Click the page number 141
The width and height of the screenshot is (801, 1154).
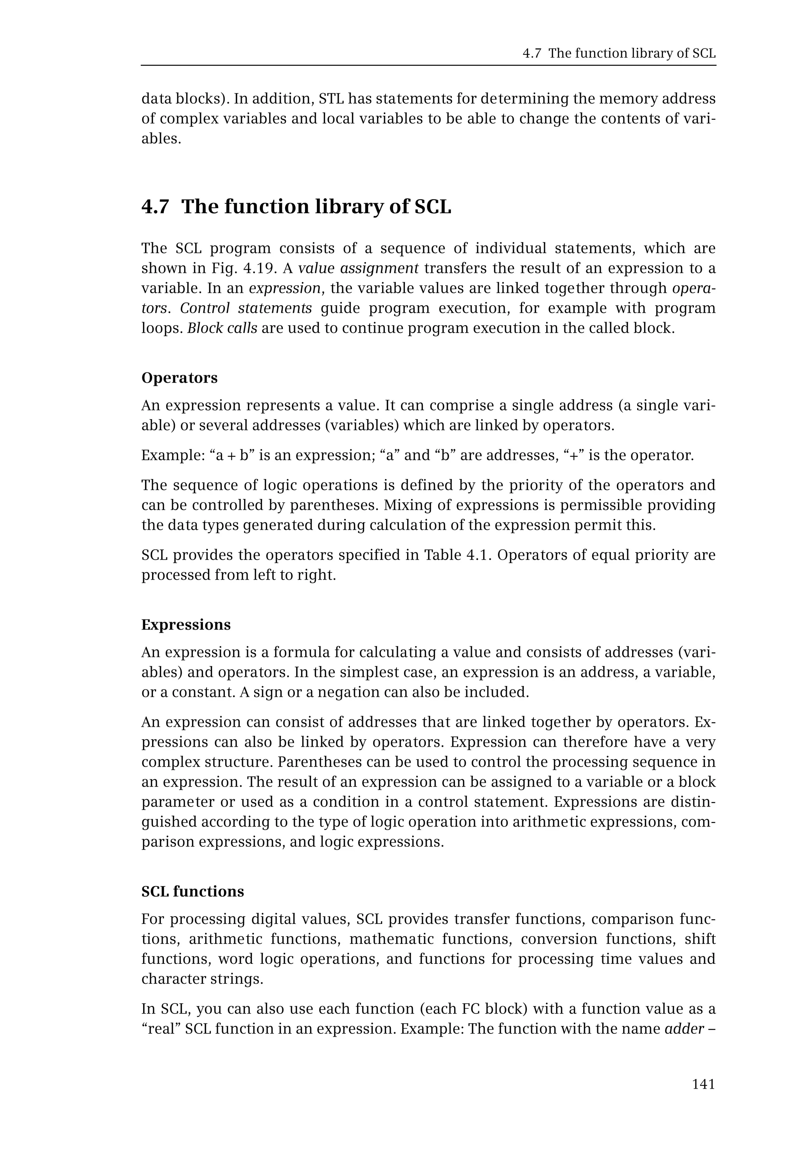pos(703,1084)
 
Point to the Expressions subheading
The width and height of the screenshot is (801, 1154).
pos(186,624)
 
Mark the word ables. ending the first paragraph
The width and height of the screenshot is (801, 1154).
pos(161,138)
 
